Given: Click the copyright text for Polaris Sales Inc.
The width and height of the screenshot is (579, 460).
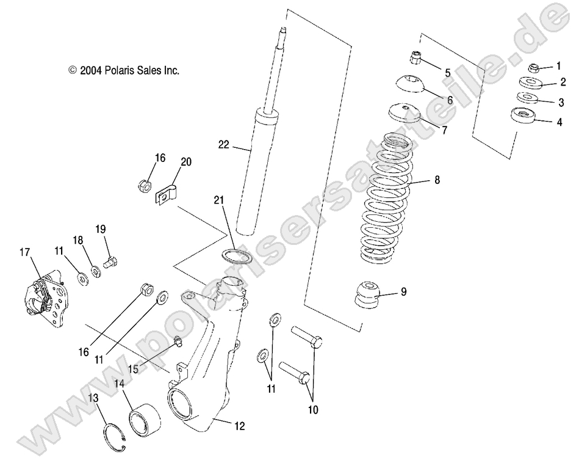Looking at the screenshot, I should (x=124, y=71).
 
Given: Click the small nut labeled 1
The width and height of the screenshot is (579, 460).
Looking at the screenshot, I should (x=533, y=67).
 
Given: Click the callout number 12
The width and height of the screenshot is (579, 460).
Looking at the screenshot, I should (x=239, y=426).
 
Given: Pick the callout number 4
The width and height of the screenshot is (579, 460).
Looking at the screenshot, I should (x=559, y=122).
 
